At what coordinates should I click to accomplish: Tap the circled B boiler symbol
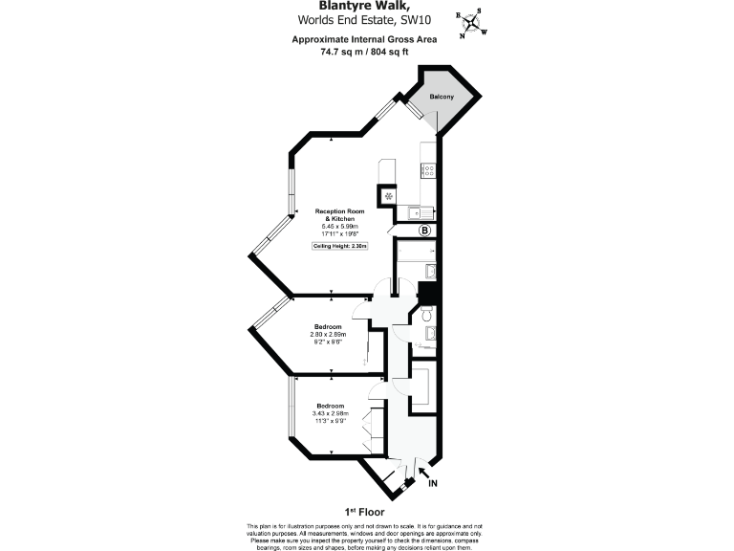tap(426, 231)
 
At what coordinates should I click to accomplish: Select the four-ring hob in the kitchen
tap(428, 171)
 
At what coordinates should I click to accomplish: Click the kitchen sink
tap(418, 211)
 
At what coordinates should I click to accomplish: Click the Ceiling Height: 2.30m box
tap(341, 246)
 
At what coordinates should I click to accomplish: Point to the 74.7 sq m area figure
tap(343, 52)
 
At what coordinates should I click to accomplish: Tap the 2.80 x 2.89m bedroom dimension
tap(329, 335)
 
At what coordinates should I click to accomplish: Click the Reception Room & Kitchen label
tap(341, 214)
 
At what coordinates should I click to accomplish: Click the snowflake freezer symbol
tap(388, 196)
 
